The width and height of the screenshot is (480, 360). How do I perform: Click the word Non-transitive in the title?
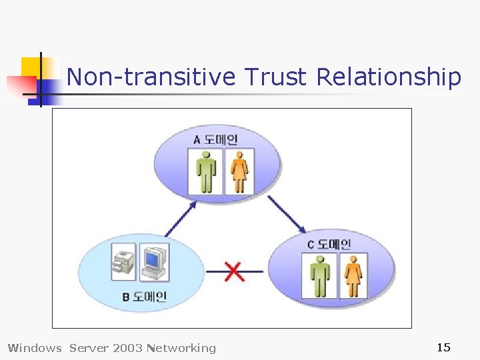point(151,77)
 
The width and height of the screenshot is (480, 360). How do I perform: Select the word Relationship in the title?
point(389,77)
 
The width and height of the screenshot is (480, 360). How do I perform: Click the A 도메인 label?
point(215,139)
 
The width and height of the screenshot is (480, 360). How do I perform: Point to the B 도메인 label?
point(144,297)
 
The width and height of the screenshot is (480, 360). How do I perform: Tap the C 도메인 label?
point(329,245)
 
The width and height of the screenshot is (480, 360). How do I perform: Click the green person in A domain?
point(206,171)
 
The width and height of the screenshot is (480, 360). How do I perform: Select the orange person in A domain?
point(239,171)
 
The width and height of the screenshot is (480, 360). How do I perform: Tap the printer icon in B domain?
point(125,262)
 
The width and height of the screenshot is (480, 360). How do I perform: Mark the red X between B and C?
point(234,271)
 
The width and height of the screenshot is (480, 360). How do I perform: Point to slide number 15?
point(443,347)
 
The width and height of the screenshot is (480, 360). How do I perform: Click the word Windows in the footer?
point(34,347)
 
